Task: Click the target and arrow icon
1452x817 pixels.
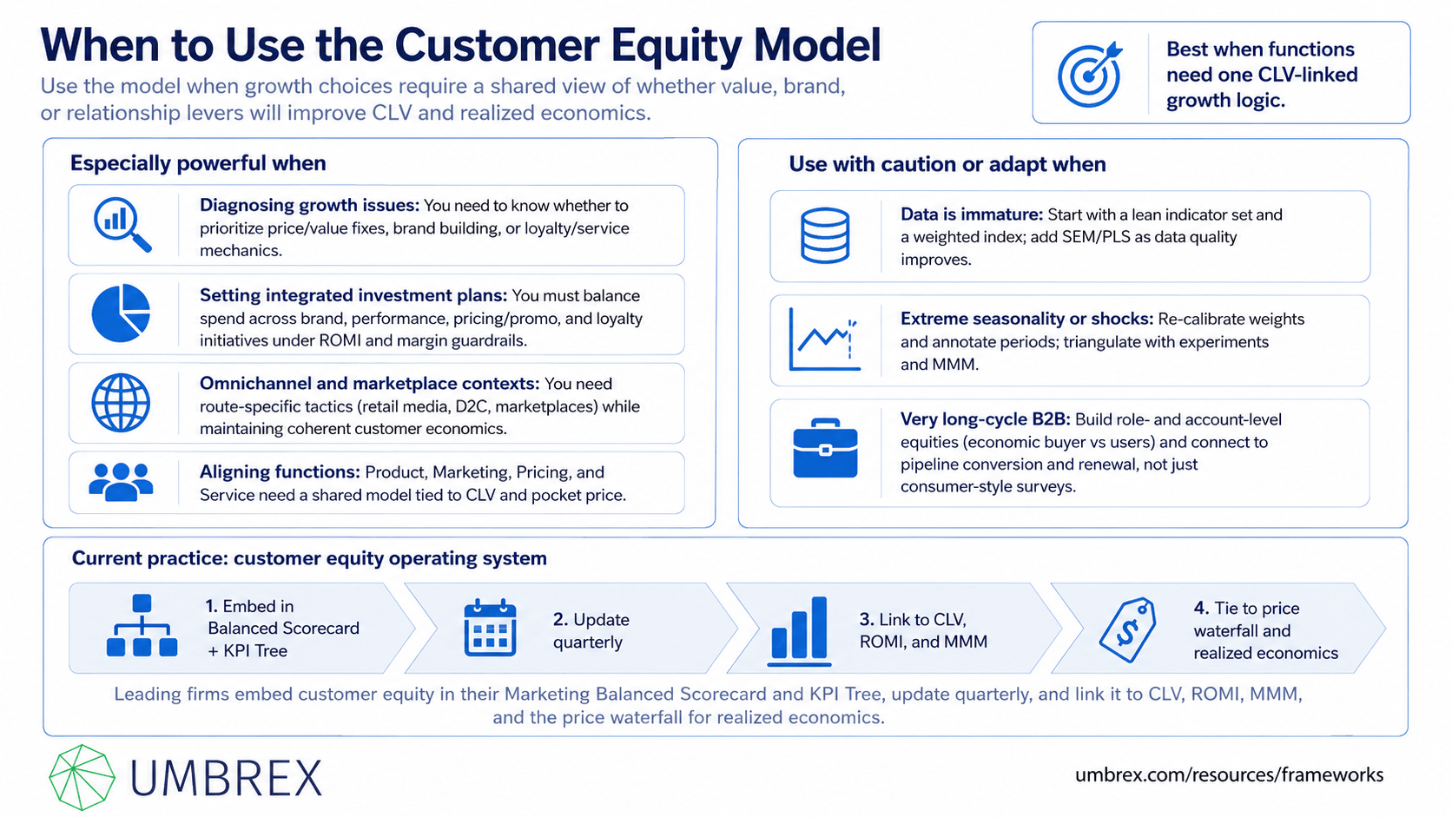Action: pyautogui.click(x=1090, y=74)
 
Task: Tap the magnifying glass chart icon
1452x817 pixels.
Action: pyautogui.click(x=122, y=224)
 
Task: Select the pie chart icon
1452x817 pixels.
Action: pyautogui.click(x=122, y=313)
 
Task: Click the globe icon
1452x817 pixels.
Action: pyautogui.click(x=122, y=402)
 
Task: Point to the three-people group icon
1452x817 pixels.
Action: pyautogui.click(x=122, y=482)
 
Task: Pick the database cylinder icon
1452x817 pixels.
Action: pyautogui.click(x=824, y=235)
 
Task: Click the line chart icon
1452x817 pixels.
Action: pyautogui.click(x=824, y=339)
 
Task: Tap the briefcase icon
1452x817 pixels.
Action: pyautogui.click(x=825, y=448)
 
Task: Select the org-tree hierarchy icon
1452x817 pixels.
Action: pyautogui.click(x=142, y=625)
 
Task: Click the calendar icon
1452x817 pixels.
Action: pyautogui.click(x=490, y=628)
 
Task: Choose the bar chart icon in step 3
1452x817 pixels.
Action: pyautogui.click(x=799, y=631)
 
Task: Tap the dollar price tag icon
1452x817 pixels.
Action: pyautogui.click(x=1128, y=629)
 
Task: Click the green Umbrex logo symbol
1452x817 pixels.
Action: pyautogui.click(x=82, y=777)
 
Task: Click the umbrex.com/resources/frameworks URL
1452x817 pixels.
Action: pyautogui.click(x=1229, y=774)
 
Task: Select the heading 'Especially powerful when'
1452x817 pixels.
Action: pyautogui.click(x=198, y=162)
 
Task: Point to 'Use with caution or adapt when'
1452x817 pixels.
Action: pyautogui.click(x=947, y=164)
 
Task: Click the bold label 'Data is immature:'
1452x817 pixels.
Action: pyautogui.click(x=971, y=214)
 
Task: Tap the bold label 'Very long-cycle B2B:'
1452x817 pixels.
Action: pyautogui.click(x=985, y=419)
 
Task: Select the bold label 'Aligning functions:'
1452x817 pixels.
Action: pyautogui.click(x=280, y=471)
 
